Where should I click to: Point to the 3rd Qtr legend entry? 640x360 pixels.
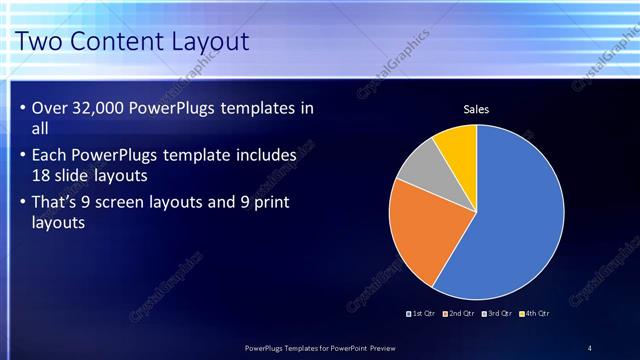click(x=498, y=313)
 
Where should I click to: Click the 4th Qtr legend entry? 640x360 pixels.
click(x=535, y=313)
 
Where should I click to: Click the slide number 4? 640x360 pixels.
click(x=589, y=348)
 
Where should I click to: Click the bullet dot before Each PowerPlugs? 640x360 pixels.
click(x=23, y=156)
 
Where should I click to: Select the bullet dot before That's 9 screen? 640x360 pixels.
click(x=23, y=203)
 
